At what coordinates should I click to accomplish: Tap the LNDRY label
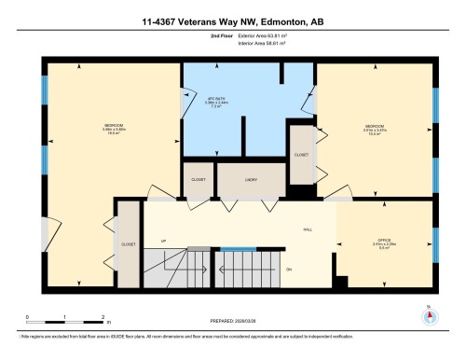[x=251, y=180]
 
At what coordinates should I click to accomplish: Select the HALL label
[x=307, y=228]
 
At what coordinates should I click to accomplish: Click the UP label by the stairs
[x=163, y=241]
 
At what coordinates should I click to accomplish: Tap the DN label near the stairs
[x=289, y=270]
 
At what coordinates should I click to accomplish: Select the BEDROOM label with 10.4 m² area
[x=375, y=127]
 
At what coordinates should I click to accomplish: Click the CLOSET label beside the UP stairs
[x=127, y=244]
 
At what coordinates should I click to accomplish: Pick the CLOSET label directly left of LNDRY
[x=198, y=180]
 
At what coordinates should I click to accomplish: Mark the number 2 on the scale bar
[x=103, y=317]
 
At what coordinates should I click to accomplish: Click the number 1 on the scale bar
[x=65, y=317]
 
